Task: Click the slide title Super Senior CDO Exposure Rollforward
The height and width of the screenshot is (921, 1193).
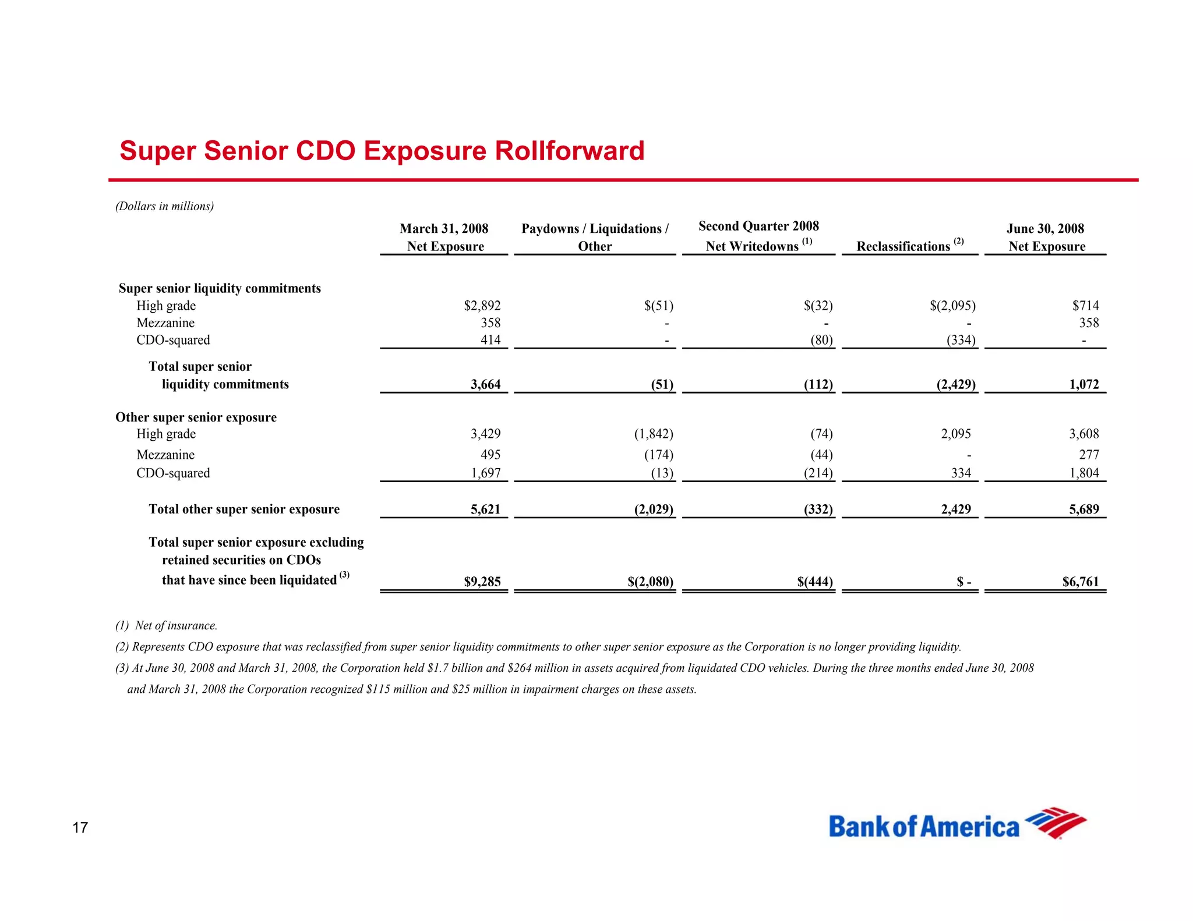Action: [382, 151]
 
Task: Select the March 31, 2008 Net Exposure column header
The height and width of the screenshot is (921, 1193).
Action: [444, 237]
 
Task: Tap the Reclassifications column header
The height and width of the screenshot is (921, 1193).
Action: [909, 246]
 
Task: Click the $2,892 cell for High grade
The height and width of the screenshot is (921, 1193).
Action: [482, 306]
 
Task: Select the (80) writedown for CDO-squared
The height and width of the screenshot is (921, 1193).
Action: [821, 340]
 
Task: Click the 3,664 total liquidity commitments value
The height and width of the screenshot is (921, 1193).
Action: [485, 384]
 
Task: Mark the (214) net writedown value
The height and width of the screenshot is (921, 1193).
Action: [818, 473]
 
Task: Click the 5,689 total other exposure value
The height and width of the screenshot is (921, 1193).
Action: [1083, 509]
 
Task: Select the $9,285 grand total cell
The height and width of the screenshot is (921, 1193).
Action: [482, 582]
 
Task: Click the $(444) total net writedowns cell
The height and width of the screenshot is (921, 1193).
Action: [814, 582]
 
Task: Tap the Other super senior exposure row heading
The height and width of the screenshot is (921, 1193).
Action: [196, 417]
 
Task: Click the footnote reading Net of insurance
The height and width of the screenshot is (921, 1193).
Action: [167, 626]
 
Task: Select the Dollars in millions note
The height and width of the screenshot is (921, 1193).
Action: [164, 206]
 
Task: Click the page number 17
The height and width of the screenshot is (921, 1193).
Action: [80, 827]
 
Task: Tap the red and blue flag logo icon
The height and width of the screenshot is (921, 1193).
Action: [1055, 822]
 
